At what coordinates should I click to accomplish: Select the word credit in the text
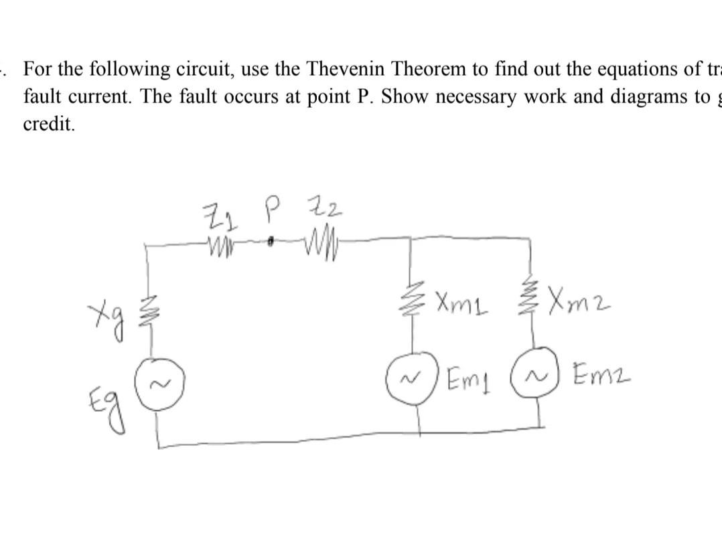[x=49, y=125]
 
